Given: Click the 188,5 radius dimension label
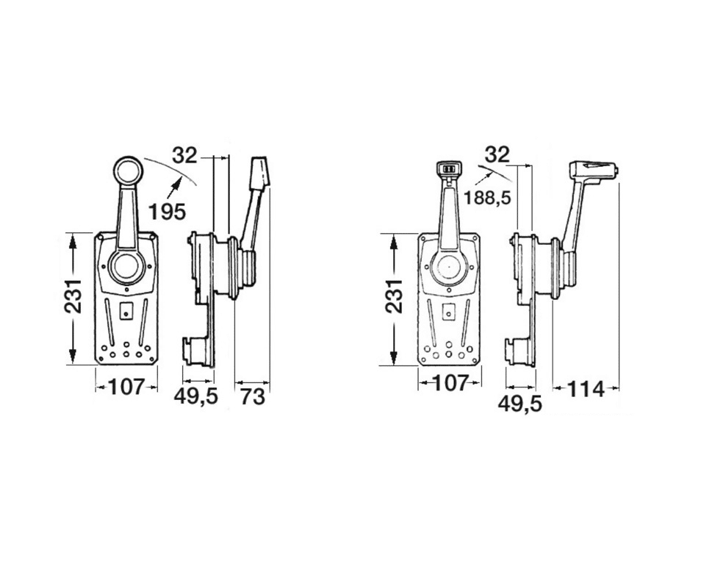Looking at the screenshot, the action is [487, 198].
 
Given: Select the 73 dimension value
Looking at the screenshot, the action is [252, 397].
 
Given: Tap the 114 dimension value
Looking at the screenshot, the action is [586, 390].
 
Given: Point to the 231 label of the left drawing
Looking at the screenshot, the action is [72, 296].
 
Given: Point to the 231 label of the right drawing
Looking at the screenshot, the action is [393, 296].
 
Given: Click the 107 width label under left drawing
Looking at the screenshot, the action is [126, 387].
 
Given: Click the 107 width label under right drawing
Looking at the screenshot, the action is [450, 384].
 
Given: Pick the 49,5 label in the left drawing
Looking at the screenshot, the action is [196, 396].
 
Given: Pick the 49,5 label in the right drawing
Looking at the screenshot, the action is [520, 404].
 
